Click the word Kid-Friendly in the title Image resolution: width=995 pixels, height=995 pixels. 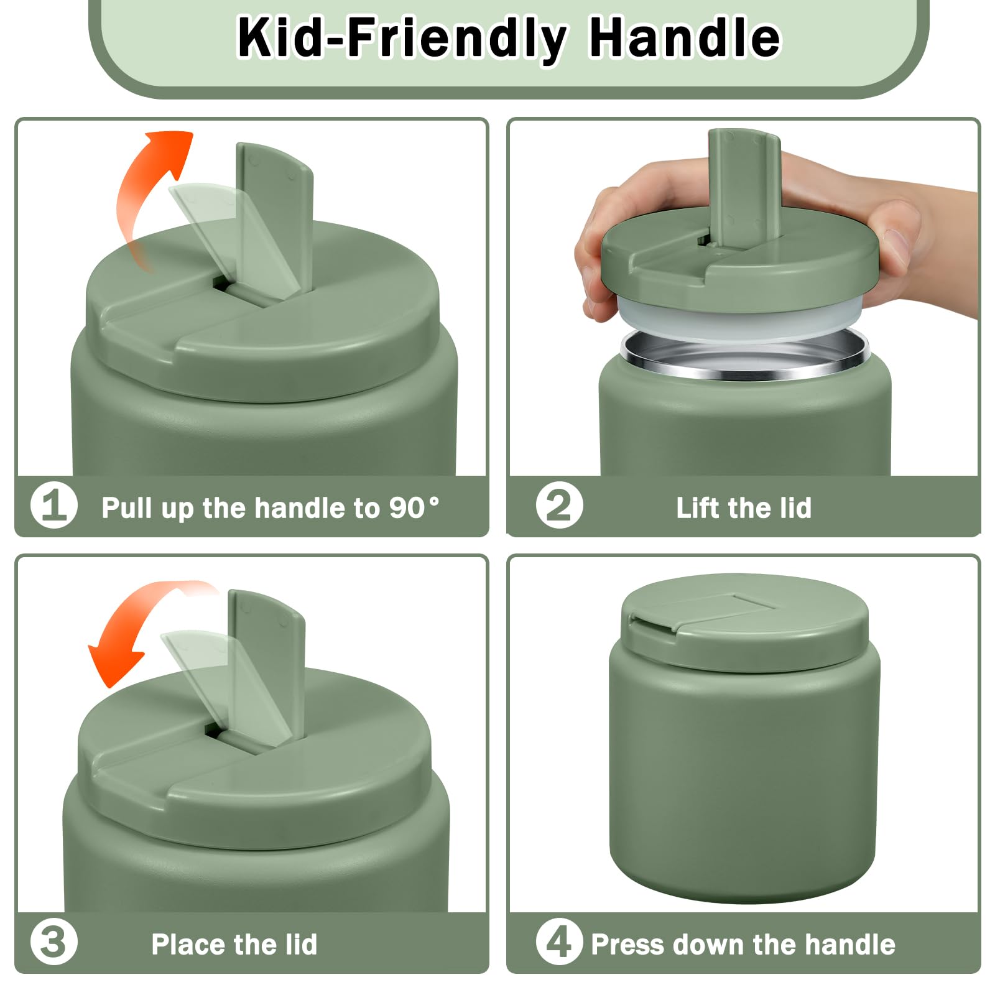[401, 39]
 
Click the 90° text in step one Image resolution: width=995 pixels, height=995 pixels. [414, 507]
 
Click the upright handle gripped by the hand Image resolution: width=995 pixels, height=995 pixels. [744, 187]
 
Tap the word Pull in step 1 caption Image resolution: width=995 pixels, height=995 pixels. [127, 507]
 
